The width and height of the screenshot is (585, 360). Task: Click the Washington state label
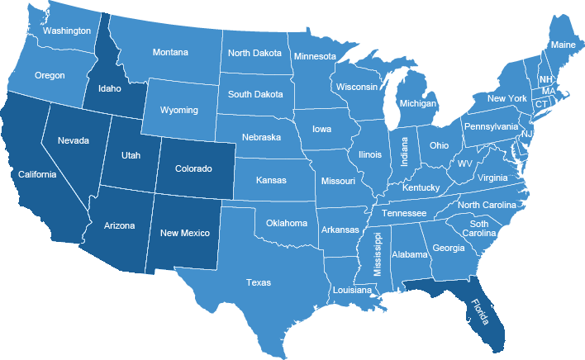(67, 31)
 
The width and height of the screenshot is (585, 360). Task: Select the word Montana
(170, 52)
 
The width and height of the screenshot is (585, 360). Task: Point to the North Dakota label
(254, 53)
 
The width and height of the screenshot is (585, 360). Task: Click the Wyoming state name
(179, 110)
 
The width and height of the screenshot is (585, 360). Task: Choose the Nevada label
(73, 140)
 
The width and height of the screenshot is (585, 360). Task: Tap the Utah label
(131, 155)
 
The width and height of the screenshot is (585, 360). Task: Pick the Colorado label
(193, 168)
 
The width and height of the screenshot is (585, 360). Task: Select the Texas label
(258, 282)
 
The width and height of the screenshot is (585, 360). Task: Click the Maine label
(563, 45)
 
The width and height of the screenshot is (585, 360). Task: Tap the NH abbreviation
(546, 79)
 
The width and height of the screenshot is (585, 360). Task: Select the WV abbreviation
(465, 163)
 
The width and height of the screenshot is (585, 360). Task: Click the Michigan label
(417, 104)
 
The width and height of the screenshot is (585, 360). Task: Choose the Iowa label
(322, 130)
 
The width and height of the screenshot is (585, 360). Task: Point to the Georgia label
(449, 248)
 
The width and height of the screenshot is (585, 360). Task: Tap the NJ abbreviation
(526, 134)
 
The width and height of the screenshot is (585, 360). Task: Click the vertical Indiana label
(405, 150)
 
